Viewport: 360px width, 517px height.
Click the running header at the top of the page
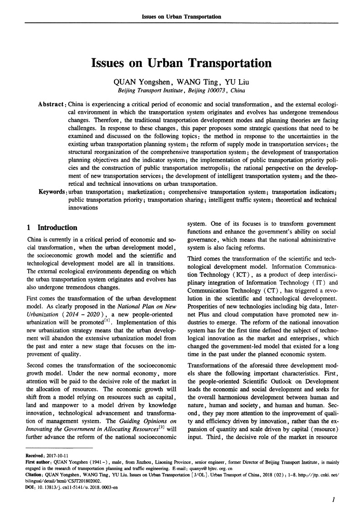click(181, 17)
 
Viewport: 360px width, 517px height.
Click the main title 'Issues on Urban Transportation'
click(181, 63)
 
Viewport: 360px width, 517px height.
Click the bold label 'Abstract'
click(52, 104)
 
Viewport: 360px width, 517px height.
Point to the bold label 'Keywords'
click(52, 192)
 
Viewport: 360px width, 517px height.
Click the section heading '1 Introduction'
click(52, 228)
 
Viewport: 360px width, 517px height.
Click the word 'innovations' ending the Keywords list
click(83, 207)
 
